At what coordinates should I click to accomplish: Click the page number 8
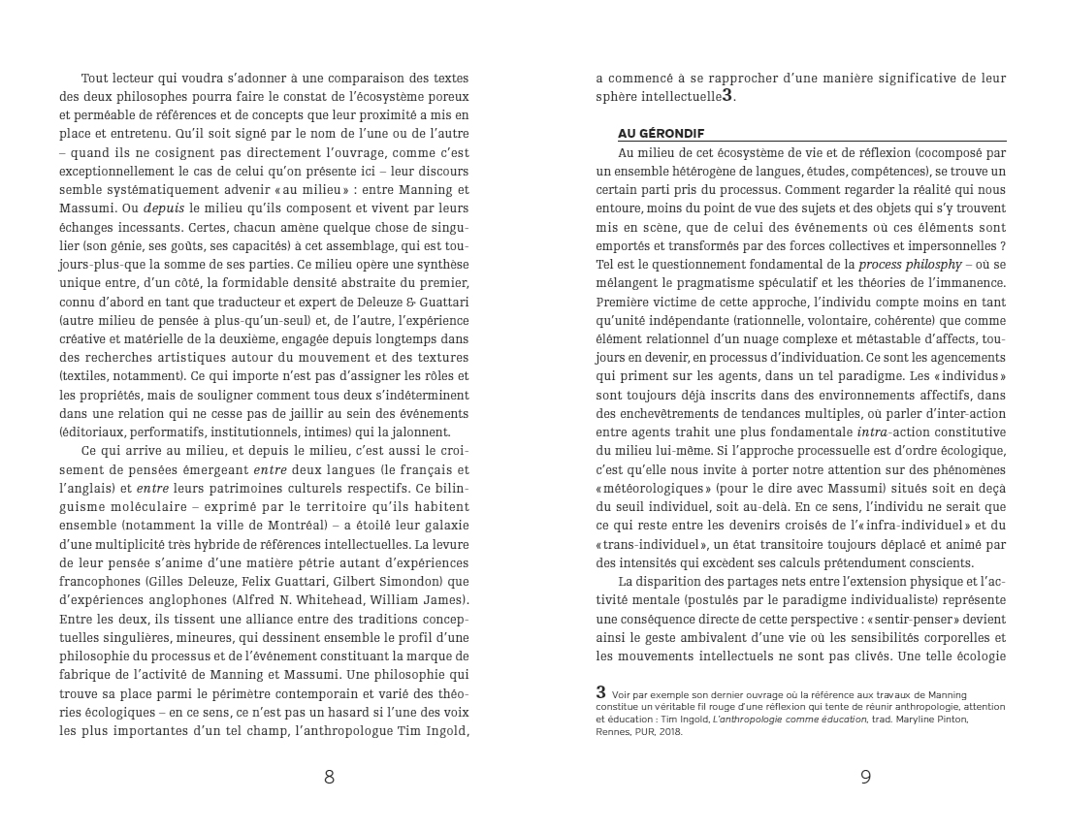click(x=329, y=777)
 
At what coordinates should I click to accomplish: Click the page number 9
click(x=865, y=777)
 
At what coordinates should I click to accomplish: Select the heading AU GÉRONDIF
click(x=661, y=132)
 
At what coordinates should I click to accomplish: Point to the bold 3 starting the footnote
click(x=601, y=691)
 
